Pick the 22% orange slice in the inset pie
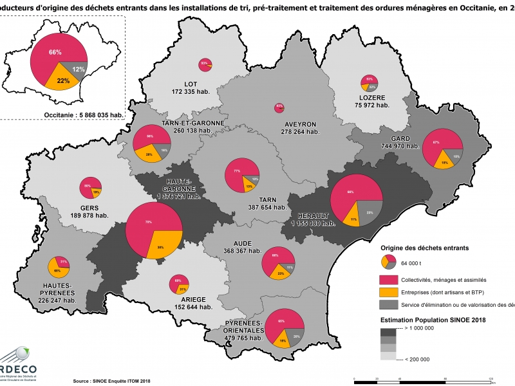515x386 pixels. pos(63,80)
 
